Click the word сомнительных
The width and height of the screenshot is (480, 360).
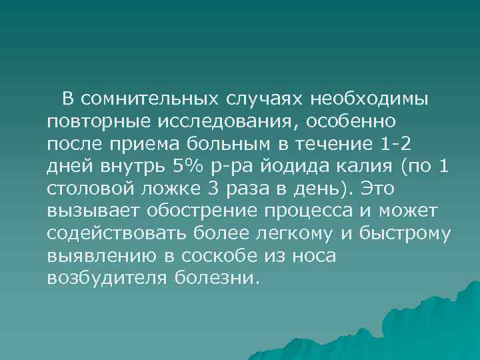coord(149,99)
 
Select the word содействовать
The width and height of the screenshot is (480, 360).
coord(111,234)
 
